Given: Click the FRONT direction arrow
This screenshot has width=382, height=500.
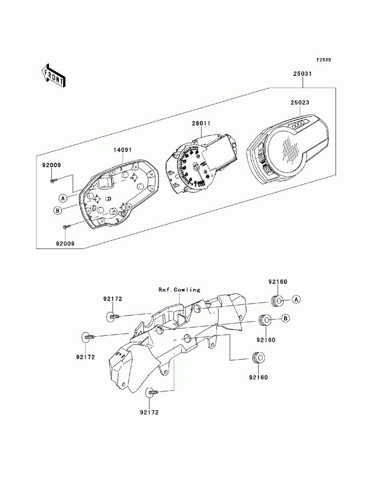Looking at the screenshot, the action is click(x=53, y=76).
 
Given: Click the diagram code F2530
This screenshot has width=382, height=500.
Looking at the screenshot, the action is click(x=324, y=60).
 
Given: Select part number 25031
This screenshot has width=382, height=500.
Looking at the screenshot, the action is click(x=302, y=74).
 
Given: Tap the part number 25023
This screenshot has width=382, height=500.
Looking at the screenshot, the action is click(x=300, y=102).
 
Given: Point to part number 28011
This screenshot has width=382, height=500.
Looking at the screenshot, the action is click(x=201, y=123).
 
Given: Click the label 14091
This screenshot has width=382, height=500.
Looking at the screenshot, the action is click(x=123, y=150).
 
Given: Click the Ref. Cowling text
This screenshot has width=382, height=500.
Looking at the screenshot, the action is click(x=179, y=290).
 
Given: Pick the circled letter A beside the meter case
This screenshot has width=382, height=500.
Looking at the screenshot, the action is click(x=63, y=198).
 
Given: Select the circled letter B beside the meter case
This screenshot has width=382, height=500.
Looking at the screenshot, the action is click(x=57, y=210).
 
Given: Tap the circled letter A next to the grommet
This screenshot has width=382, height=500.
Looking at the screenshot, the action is click(x=296, y=299).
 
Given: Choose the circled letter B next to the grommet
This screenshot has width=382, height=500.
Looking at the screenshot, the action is click(x=285, y=318).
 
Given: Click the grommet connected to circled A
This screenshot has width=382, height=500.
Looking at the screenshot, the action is click(x=277, y=301).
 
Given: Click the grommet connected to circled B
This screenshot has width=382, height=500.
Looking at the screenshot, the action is click(x=265, y=320).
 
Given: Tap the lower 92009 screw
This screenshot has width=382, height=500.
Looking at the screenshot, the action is click(x=67, y=227).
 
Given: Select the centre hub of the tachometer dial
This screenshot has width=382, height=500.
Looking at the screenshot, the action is click(x=196, y=167).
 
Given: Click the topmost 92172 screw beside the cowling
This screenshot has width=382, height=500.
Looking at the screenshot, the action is click(x=113, y=316).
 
